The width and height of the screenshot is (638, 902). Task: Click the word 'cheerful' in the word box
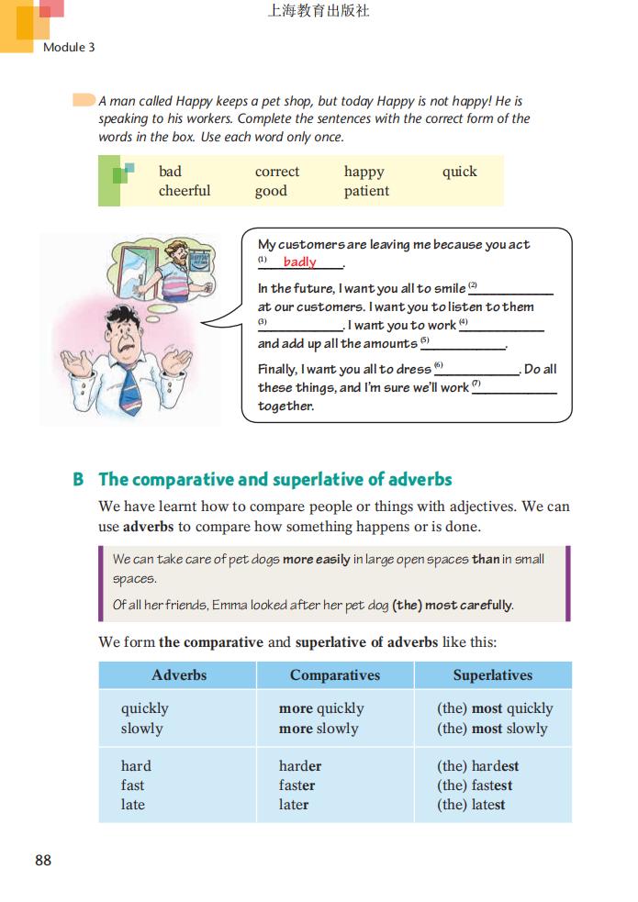[x=185, y=191]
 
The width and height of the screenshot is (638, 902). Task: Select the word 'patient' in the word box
[x=366, y=191]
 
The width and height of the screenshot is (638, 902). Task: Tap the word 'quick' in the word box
[x=459, y=172]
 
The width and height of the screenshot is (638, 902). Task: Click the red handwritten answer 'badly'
[x=299, y=262]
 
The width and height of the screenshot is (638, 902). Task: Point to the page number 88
[x=43, y=860]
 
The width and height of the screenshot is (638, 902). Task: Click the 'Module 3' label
[x=69, y=47]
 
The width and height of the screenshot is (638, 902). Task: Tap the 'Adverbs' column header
[x=179, y=675]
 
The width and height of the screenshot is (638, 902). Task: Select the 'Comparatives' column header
[x=334, y=675]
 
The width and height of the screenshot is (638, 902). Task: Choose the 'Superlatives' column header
[x=492, y=675]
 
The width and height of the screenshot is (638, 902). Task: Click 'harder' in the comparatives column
[x=300, y=766]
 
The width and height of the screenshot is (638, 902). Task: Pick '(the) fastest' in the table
[x=474, y=785]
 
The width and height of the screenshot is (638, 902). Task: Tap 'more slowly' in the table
[x=319, y=729]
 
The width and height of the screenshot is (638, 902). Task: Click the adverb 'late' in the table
[x=133, y=805]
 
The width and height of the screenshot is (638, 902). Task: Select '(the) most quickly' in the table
[x=495, y=708]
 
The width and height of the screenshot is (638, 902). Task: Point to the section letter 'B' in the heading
[x=79, y=480]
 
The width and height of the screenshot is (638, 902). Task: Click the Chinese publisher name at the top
[x=318, y=12]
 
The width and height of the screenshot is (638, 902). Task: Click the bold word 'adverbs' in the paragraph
[x=148, y=527]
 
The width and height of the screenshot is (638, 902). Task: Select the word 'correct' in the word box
[x=277, y=172]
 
